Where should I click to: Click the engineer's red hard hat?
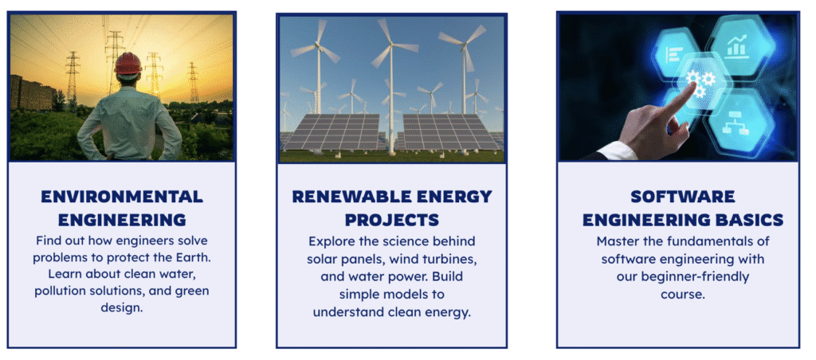128,63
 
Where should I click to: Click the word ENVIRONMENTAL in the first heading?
122,197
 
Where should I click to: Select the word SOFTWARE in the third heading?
683,197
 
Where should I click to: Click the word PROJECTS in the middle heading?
391,220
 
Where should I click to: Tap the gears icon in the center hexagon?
700,84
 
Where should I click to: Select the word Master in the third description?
615,241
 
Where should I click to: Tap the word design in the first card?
122,307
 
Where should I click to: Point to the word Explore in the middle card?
329,242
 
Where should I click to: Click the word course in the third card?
683,294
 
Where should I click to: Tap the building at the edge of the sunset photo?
32,94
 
